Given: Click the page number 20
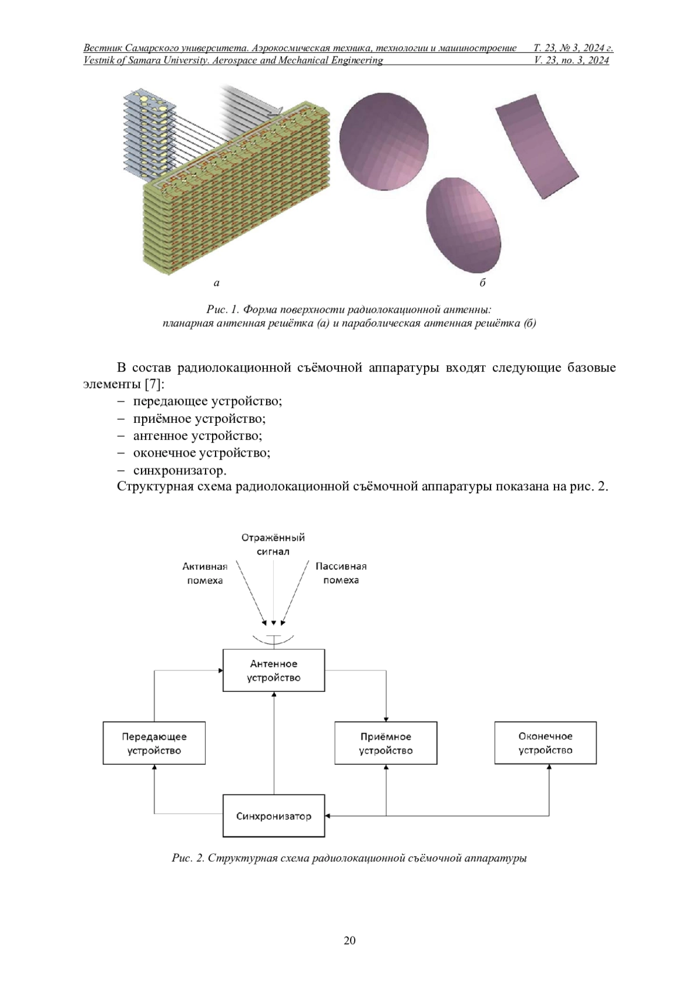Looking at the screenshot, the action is point(349,941).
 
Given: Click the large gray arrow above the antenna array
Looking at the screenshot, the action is point(252,100).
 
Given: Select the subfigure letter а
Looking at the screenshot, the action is point(216,283).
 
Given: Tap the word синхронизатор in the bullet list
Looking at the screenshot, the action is point(180,471).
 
